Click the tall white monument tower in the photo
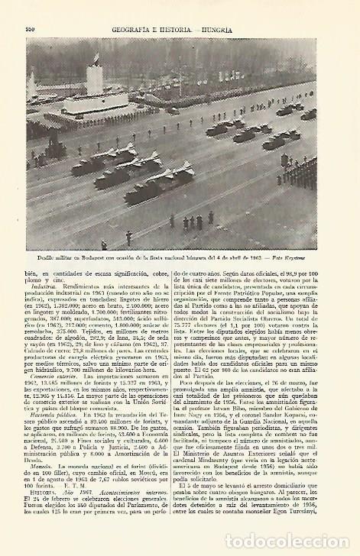pos(95,77)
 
